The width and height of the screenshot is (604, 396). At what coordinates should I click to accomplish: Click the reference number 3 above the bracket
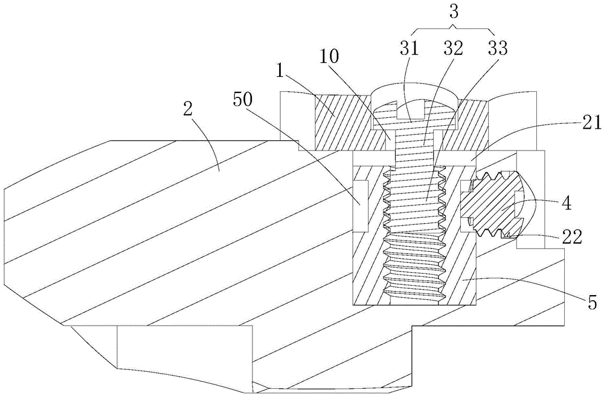(x=454, y=11)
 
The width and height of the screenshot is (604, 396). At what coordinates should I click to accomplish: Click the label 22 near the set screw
(x=571, y=237)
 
